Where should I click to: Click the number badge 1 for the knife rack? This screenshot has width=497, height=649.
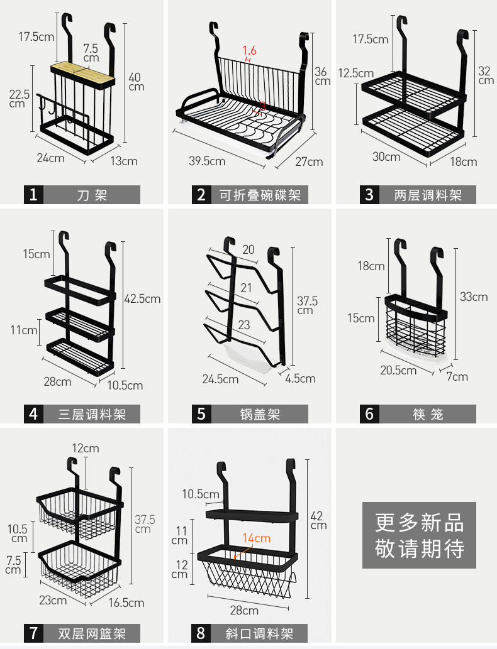coord(34,195)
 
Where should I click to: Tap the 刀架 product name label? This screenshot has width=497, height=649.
coord(92,195)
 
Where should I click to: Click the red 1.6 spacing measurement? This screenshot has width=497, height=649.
coord(249,50)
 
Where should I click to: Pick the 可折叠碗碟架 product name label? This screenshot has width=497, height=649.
coord(260,195)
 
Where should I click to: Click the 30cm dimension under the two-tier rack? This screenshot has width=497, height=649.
coord(386,156)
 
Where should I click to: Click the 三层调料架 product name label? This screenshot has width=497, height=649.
coord(92,413)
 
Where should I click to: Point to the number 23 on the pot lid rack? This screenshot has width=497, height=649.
coord(243,325)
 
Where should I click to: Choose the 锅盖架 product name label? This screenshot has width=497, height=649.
coord(260,413)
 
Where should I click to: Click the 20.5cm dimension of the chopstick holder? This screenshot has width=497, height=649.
coord(398,370)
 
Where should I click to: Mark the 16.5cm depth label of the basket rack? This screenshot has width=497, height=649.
coord(126,603)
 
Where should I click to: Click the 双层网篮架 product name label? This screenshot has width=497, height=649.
coord(92,633)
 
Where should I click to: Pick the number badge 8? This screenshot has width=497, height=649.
coord(201,633)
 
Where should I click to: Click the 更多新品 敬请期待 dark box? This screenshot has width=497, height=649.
coord(420,535)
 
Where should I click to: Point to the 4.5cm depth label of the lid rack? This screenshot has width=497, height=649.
coord(301,378)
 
